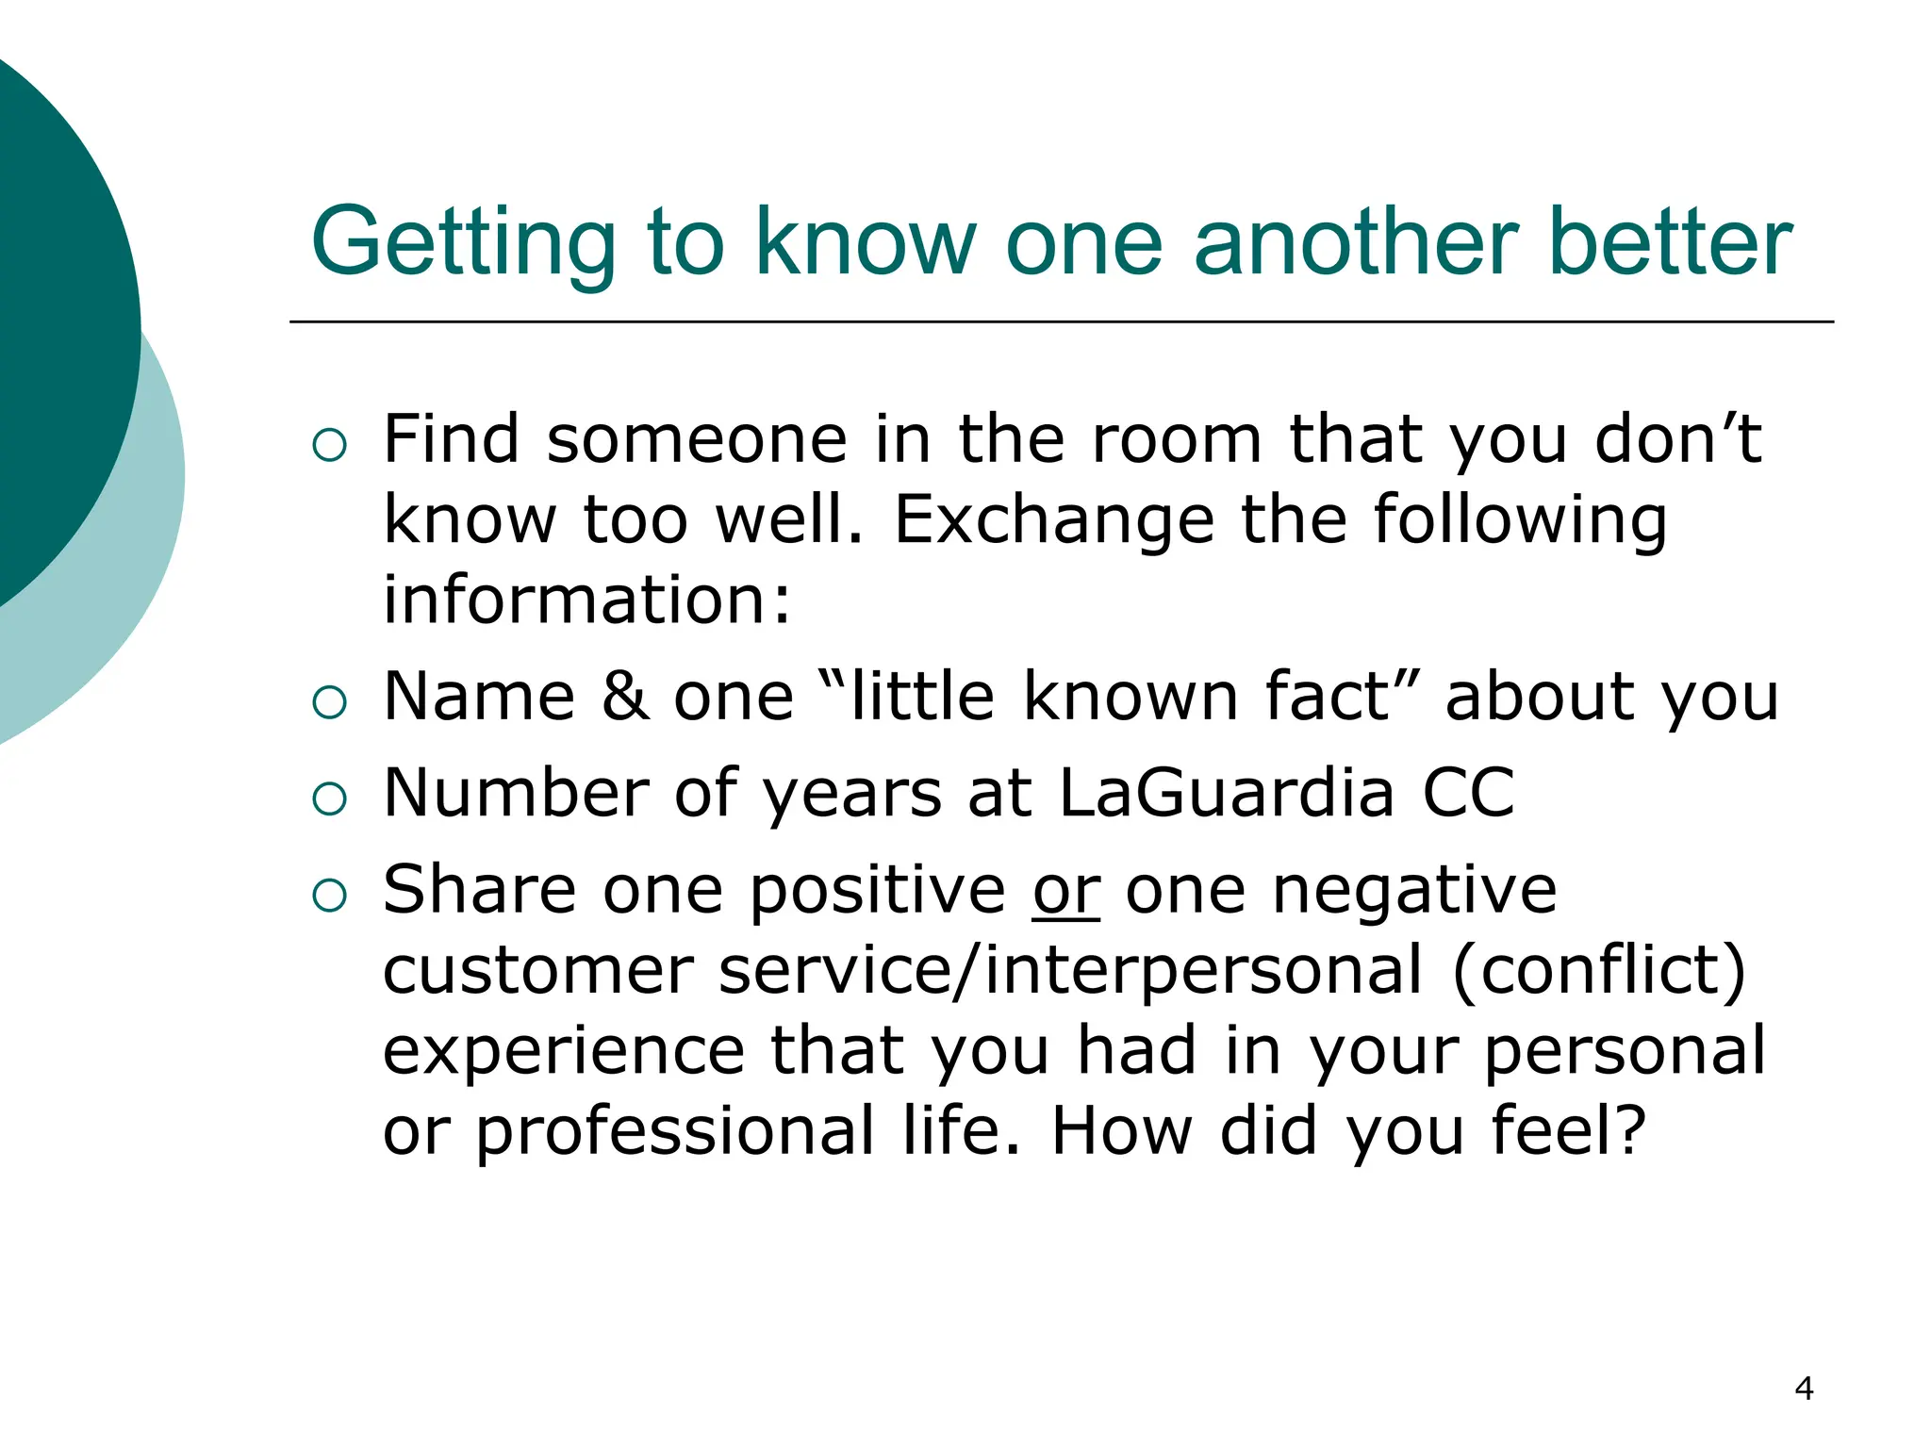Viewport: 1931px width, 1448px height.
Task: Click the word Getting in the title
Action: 463,243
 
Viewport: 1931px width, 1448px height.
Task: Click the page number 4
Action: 1803,1389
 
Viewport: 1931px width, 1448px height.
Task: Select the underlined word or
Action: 1065,890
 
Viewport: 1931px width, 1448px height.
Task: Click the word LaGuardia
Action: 1226,792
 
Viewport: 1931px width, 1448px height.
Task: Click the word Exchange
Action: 1053,519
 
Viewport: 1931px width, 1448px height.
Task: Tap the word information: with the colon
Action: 586,600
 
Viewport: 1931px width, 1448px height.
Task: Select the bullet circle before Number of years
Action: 329,798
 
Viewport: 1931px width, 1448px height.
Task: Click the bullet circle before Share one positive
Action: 329,896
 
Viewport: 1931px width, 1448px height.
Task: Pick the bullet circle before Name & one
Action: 329,702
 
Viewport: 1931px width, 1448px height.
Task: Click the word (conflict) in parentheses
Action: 1599,971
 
